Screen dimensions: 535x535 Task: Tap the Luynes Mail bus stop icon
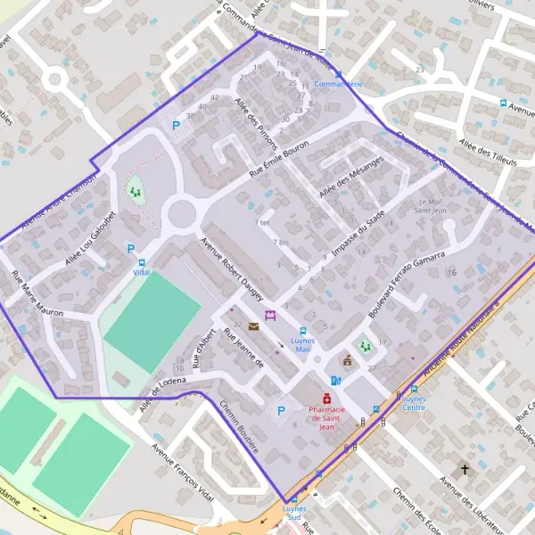(302, 330)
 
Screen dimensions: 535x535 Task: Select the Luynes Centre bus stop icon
(414, 389)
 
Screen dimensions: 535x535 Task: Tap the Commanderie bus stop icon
(338, 73)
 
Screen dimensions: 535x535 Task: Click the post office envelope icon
(254, 326)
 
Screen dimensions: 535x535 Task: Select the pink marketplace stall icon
(270, 316)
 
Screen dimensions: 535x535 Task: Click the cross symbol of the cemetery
(464, 468)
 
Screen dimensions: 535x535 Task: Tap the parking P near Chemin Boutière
(282, 410)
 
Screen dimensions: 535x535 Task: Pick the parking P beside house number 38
(176, 126)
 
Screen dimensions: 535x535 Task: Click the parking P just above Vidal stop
(131, 249)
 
